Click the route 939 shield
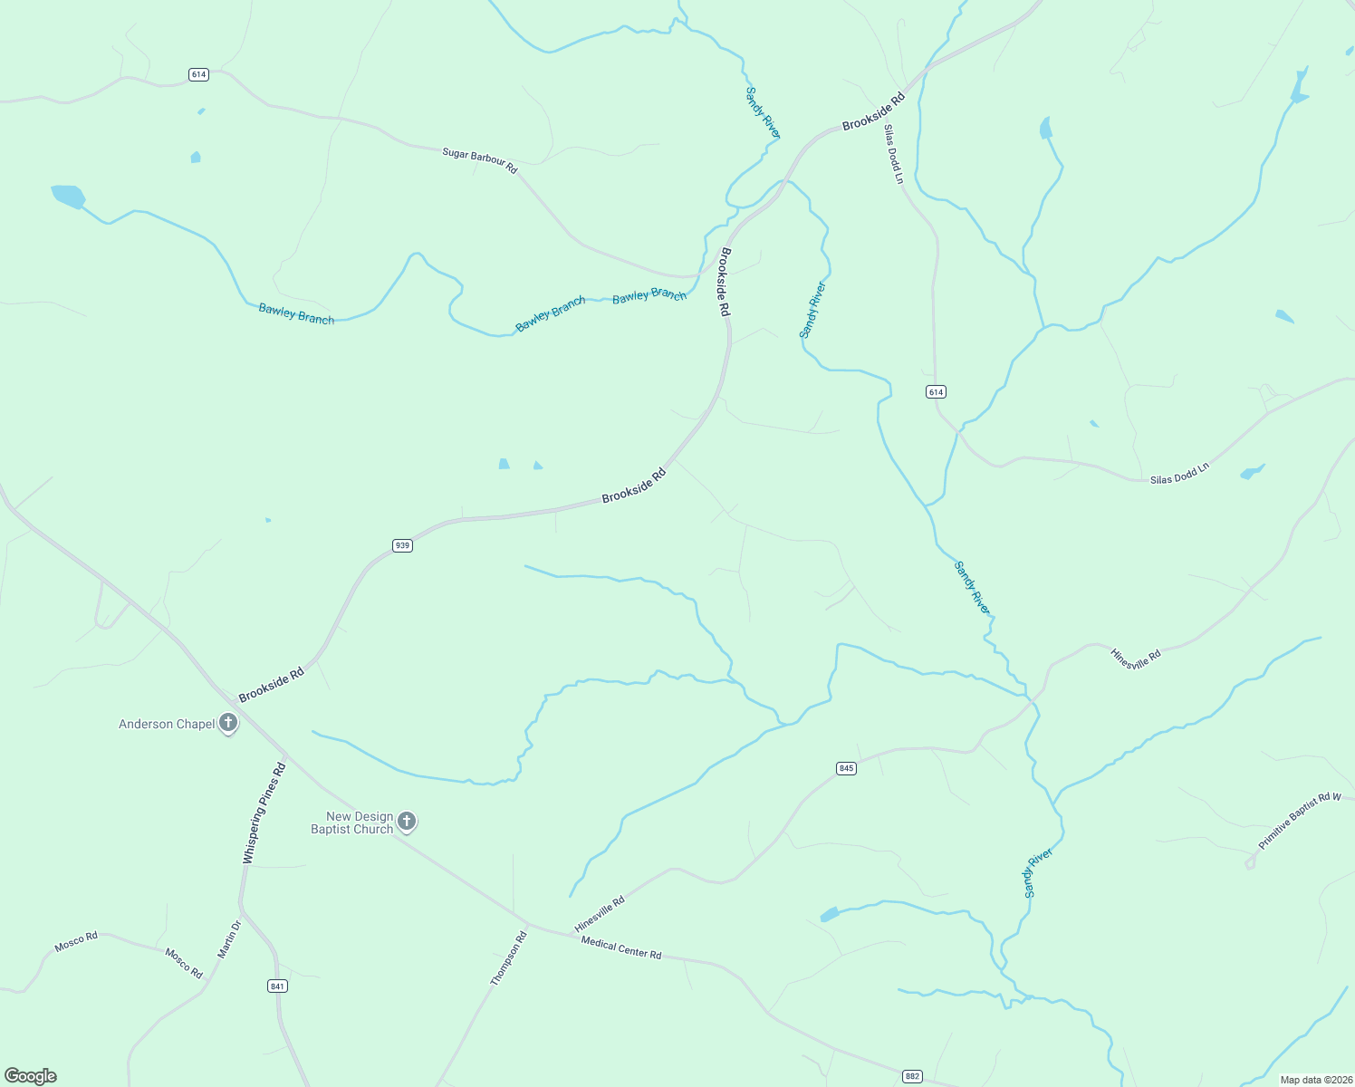pyautogui.click(x=402, y=545)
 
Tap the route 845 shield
pyautogui.click(x=846, y=768)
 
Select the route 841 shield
pyautogui.click(x=277, y=986)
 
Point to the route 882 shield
pyautogui.click(x=912, y=1076)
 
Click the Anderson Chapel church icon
pyautogui.click(x=228, y=723)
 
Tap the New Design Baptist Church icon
pyautogui.click(x=407, y=822)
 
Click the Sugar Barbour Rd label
pyautogui.click(x=479, y=160)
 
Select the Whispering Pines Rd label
pyautogui.click(x=264, y=813)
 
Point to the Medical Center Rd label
pyautogui.click(x=621, y=948)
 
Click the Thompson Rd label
pyautogui.click(x=508, y=958)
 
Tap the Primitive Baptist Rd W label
pyautogui.click(x=1299, y=821)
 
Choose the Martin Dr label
pyautogui.click(x=228, y=939)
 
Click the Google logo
pyautogui.click(x=31, y=1076)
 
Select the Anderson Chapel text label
pyautogui.click(x=167, y=724)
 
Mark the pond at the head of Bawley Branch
pyautogui.click(x=68, y=196)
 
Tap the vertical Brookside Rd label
pyautogui.click(x=724, y=282)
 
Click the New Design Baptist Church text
pyautogui.click(x=351, y=822)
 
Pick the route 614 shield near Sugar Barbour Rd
pyautogui.click(x=198, y=74)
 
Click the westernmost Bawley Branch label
pyautogui.click(x=296, y=313)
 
